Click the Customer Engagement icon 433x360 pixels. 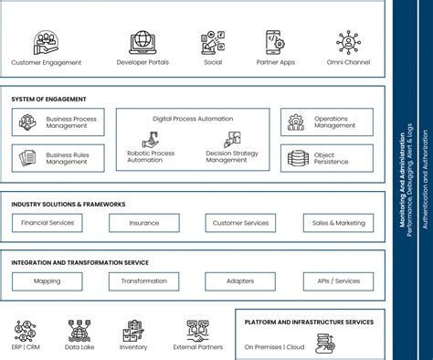[x=47, y=43]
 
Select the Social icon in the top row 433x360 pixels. [x=213, y=43]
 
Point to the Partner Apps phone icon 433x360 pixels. [x=274, y=43]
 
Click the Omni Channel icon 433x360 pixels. [x=348, y=43]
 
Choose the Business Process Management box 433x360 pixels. [x=58, y=122]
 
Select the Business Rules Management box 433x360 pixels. [x=58, y=159]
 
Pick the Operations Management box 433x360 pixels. [x=327, y=122]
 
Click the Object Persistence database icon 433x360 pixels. [x=298, y=159]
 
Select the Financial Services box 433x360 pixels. [x=48, y=223]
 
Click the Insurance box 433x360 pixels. [x=144, y=223]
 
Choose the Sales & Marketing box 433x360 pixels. [x=339, y=223]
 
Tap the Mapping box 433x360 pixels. [x=48, y=281]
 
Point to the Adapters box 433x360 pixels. [x=240, y=281]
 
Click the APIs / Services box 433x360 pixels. [x=339, y=281]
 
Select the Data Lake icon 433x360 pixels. [x=78, y=330]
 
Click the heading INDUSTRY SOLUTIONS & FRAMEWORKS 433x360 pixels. [x=69, y=204]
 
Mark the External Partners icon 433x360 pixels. [x=198, y=330]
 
